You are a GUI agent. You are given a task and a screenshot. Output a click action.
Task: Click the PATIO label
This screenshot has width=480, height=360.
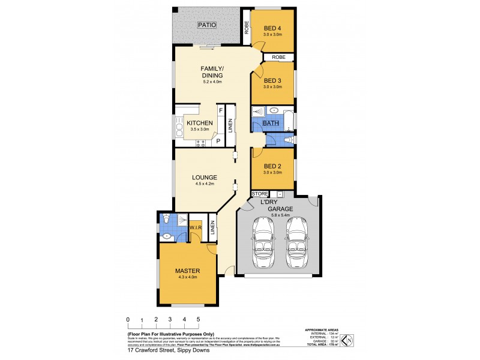(x=208, y=25)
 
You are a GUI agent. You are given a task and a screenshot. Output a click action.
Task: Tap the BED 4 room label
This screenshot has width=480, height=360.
(x=272, y=28)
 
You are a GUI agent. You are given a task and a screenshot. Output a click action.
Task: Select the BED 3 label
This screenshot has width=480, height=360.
(x=272, y=80)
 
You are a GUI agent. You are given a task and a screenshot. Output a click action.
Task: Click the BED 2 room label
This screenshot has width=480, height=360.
(x=272, y=166)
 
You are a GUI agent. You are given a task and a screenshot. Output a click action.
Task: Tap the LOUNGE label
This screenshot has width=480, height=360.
(x=204, y=178)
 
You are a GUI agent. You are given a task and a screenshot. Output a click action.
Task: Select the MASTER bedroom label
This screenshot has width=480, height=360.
(x=187, y=271)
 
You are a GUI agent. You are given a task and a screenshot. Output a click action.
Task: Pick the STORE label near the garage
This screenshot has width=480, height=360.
(x=260, y=194)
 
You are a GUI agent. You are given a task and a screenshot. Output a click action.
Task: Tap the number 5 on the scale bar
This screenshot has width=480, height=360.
(x=198, y=320)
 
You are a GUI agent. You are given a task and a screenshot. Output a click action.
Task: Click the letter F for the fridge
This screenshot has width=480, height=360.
(x=220, y=110)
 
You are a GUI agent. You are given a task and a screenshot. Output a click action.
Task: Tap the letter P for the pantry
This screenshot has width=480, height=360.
(x=218, y=142)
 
